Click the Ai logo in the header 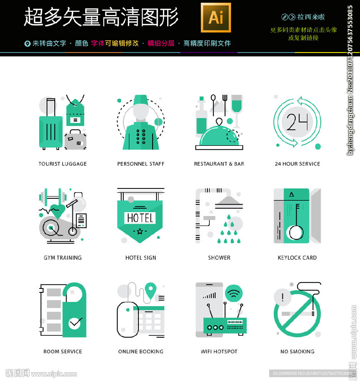(216, 18)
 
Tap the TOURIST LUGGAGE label (62, 164)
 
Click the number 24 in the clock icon (297, 122)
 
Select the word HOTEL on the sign (140, 218)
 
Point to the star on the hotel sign (140, 231)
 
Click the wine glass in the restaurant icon (237, 107)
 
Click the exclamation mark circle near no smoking (283, 297)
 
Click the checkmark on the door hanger (75, 323)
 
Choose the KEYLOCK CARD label (297, 258)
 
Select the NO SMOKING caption (297, 351)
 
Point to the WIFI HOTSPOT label (219, 351)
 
